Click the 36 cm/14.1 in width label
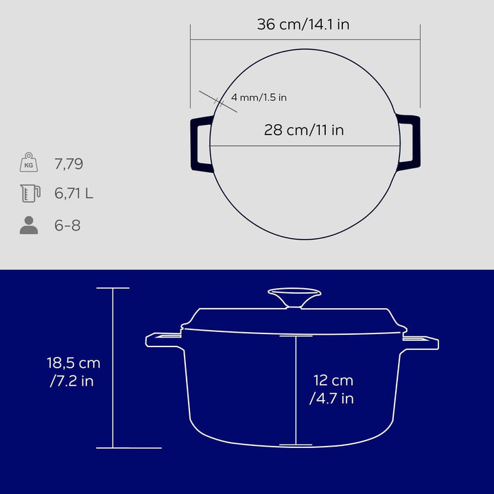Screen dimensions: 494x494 tap(303, 25)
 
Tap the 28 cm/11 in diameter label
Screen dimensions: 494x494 tap(304, 130)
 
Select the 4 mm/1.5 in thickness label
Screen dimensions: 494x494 tap(259, 97)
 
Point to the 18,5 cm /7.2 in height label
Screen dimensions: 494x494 tap(73, 372)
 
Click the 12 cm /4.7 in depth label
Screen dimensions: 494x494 tap(333, 389)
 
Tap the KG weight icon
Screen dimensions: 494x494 tap(29, 163)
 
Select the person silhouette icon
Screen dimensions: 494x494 tap(29, 225)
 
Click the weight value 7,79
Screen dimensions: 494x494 tap(69, 164)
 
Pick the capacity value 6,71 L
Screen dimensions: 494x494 tap(73, 194)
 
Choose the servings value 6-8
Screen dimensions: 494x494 tap(67, 225)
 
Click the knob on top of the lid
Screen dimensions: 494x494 tap(294, 298)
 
